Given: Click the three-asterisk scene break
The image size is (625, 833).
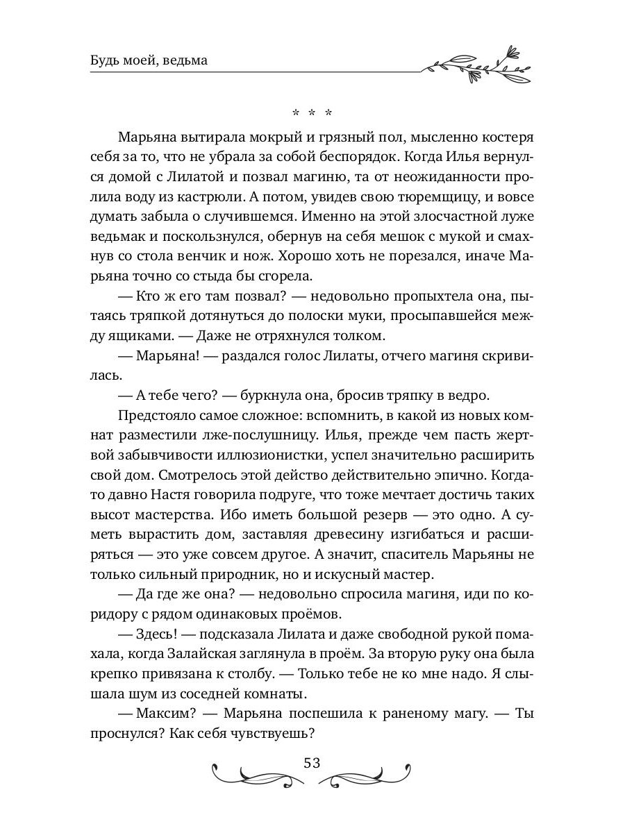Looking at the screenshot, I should (x=312, y=112).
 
